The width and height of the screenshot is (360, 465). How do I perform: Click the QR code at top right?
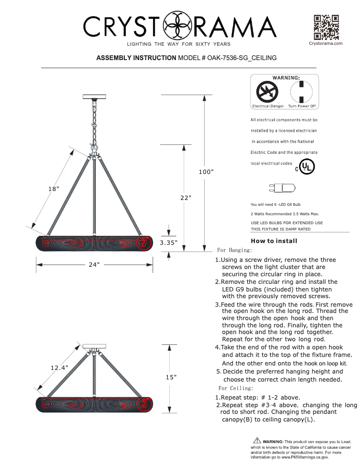326,27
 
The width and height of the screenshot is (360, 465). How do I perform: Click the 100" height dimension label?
206,172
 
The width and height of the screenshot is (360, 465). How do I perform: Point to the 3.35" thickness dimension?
169,243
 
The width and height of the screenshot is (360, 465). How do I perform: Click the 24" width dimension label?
94,265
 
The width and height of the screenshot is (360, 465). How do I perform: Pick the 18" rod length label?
54,189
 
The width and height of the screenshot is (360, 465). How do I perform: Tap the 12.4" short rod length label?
59,368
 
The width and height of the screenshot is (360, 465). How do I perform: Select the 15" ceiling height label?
171,377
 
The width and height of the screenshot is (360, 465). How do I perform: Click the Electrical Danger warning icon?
268,92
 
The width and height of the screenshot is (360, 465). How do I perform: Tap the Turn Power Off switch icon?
302,92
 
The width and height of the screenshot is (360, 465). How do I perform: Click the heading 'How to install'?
274,241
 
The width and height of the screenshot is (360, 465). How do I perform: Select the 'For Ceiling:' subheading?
236,388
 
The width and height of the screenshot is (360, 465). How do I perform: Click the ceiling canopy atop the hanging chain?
94,96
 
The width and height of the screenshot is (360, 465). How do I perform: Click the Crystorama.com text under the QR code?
326,43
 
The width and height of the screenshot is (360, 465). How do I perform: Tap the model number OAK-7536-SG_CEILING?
242,58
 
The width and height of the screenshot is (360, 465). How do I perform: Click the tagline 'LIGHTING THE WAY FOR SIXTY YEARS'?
179,44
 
